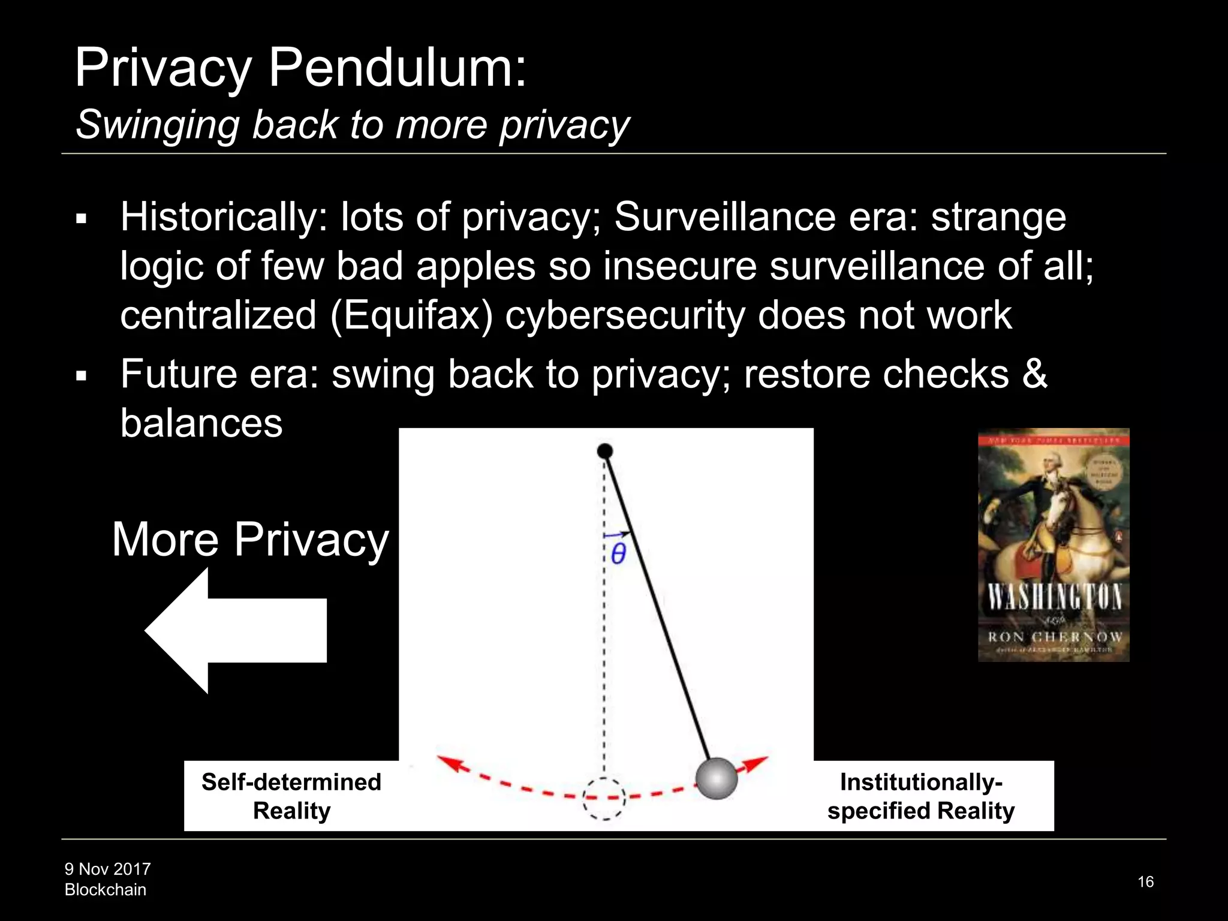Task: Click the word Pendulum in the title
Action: [397, 68]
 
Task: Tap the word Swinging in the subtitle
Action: [157, 125]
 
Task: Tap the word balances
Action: [201, 423]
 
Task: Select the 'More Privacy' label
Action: [251, 539]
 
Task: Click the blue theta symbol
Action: [618, 553]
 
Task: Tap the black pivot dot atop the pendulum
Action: [605, 451]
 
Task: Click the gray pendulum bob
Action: [716, 778]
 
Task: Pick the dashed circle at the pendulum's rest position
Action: [604, 798]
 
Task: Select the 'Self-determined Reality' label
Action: [291, 796]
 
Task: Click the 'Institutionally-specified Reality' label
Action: [921, 796]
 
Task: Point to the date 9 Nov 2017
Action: [108, 869]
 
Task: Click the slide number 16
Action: [1145, 881]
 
